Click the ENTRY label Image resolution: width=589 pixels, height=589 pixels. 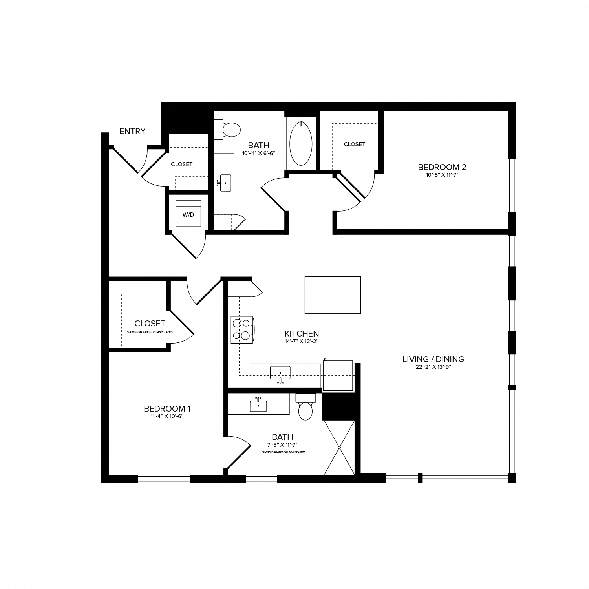point(132,131)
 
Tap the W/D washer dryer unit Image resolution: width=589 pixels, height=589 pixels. point(188,214)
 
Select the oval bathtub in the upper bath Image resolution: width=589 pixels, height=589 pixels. point(301,143)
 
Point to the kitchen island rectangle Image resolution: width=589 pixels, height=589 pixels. point(333,295)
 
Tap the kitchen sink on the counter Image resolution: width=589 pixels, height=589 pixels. point(280,372)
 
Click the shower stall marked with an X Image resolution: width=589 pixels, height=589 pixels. point(339,447)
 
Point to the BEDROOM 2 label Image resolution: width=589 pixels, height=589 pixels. point(442,167)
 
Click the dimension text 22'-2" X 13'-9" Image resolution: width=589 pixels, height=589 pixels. point(433,367)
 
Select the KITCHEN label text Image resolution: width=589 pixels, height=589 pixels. point(302,334)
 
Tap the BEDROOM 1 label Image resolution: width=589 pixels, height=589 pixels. point(167,409)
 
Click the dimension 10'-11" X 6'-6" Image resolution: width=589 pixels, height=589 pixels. point(258,153)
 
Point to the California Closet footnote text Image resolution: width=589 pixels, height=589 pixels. point(150,332)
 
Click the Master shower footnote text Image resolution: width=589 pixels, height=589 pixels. point(283,452)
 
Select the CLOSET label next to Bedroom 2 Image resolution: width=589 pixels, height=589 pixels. point(354,144)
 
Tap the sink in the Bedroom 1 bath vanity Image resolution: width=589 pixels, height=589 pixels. point(258,405)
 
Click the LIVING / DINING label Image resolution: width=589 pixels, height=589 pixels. point(433,359)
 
